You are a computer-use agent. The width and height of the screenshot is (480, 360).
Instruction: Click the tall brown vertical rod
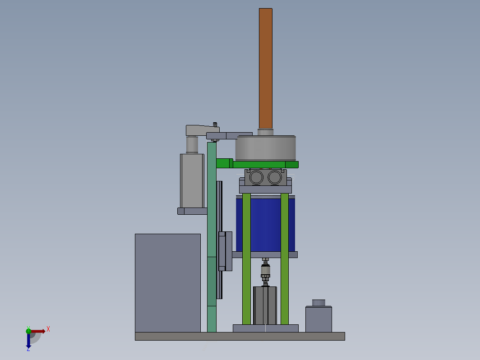[265, 68]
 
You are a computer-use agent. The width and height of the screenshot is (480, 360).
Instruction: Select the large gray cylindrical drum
[265, 148]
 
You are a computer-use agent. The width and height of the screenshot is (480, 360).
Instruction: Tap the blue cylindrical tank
[265, 224]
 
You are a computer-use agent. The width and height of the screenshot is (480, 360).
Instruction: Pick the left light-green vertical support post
[246, 258]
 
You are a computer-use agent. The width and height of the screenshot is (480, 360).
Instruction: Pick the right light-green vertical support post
[284, 258]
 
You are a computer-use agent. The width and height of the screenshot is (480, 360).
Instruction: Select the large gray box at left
[168, 283]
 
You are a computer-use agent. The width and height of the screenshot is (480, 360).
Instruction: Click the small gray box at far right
[318, 319]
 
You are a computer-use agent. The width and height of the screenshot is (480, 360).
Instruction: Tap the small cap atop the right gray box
[318, 303]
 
